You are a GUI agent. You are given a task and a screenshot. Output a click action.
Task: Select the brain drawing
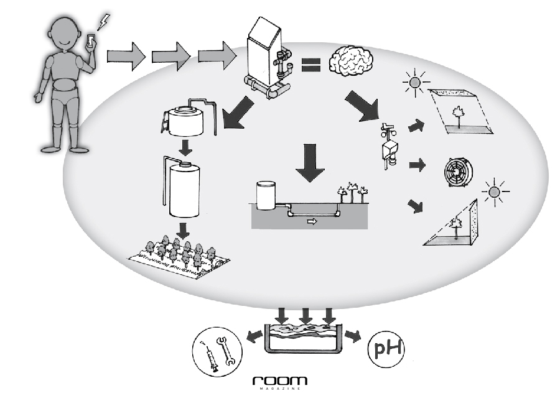tap(352, 62)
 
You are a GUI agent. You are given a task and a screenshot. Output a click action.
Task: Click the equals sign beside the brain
tap(310, 65)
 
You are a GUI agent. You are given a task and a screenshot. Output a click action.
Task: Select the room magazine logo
tap(280, 381)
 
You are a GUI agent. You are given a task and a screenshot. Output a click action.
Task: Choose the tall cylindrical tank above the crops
tap(182, 190)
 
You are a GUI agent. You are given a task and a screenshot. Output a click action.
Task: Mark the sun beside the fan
tap(495, 191)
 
